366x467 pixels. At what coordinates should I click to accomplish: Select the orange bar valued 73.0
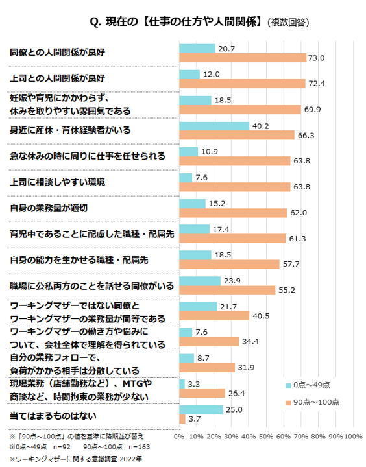point(242,58)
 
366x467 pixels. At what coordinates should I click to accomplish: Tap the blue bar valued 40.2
point(213,126)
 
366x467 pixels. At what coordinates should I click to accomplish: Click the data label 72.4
point(317,84)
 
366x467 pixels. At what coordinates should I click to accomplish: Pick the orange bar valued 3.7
point(182,419)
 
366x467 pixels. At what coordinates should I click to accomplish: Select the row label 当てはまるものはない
point(53,413)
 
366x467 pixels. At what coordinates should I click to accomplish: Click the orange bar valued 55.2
point(227,290)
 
